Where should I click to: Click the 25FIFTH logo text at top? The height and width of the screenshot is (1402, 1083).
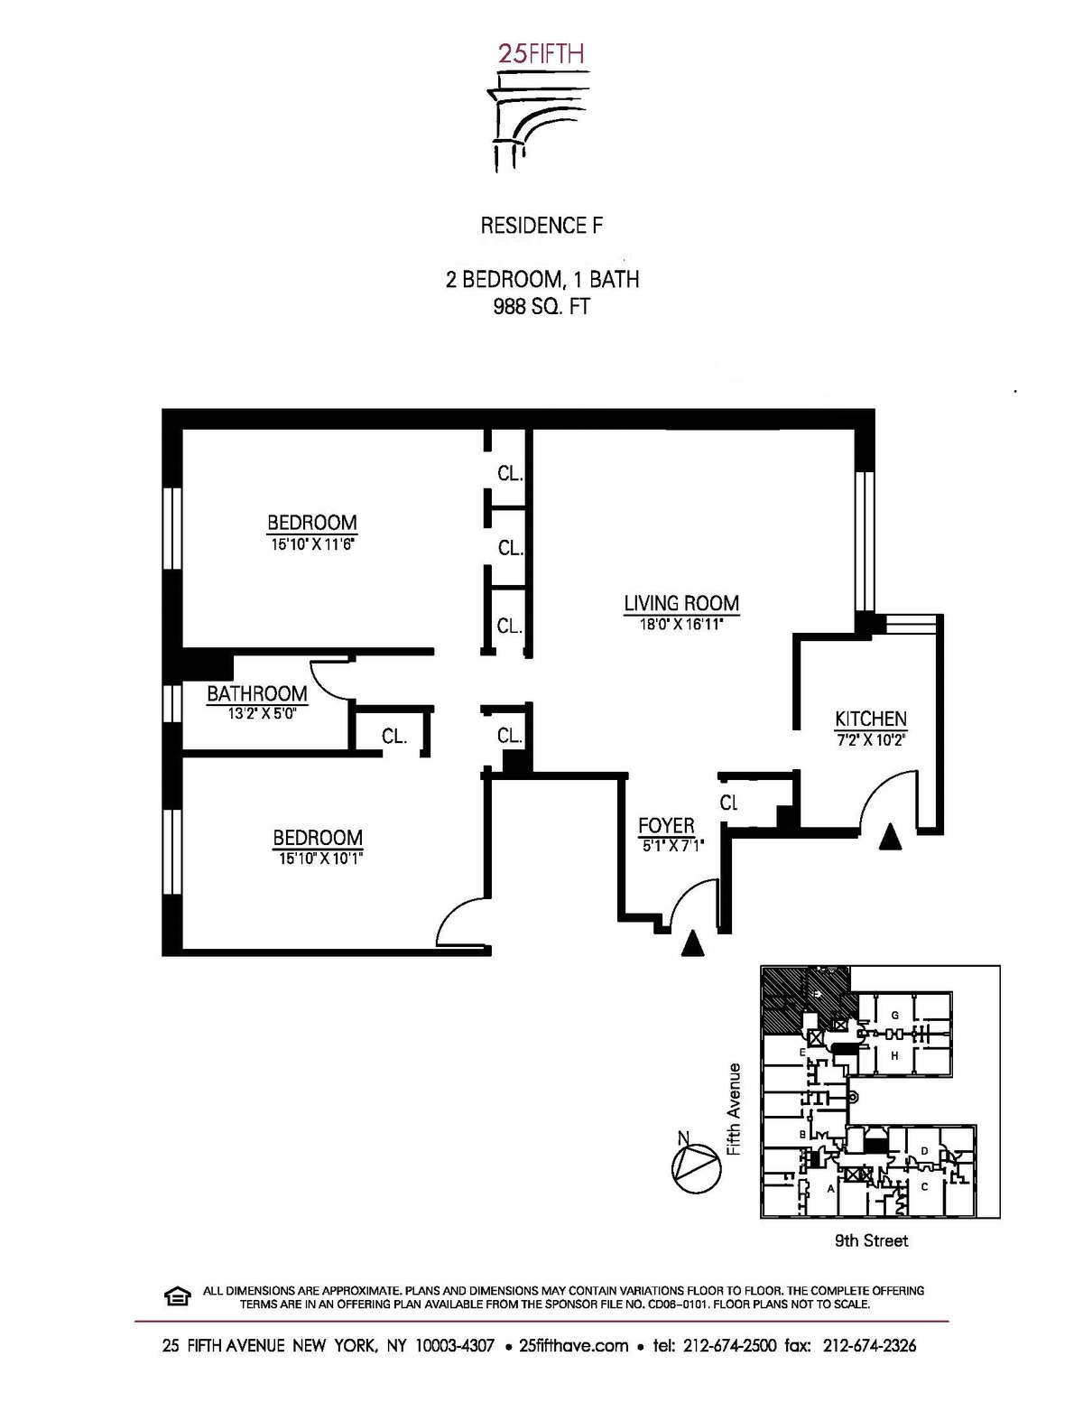coord(541,53)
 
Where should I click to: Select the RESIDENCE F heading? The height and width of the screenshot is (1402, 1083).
coord(541,225)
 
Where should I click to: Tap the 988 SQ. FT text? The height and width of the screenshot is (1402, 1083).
coord(541,306)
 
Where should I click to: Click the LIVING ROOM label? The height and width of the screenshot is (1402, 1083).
coord(681,603)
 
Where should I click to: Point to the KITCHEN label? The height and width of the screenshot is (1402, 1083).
coord(870,719)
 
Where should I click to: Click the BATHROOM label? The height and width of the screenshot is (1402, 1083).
coord(256,693)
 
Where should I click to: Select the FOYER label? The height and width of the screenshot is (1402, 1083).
coord(666,825)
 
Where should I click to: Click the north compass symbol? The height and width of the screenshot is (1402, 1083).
coord(697,1168)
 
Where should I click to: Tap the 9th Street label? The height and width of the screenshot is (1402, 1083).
coord(871,1240)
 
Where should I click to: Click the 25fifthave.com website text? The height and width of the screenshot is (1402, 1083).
coord(574,1345)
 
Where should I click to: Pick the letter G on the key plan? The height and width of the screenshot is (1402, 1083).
coord(894,1015)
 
